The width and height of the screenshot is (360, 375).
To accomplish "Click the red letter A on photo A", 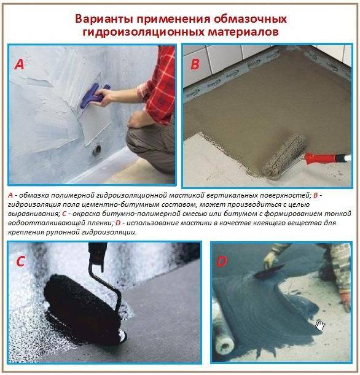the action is [20, 64].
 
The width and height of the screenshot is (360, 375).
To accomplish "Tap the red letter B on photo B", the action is [195, 64].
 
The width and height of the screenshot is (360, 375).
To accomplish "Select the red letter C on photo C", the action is [20, 261].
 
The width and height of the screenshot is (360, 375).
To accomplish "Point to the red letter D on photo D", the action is [222, 261].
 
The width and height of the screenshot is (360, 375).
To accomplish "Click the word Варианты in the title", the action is [104, 19].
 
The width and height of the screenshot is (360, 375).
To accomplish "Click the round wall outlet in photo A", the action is [96, 150].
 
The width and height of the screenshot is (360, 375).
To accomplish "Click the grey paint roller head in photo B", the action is [284, 156].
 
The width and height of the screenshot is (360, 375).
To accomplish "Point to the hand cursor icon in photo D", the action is [320, 325].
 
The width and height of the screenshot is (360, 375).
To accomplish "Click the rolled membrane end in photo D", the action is [224, 345].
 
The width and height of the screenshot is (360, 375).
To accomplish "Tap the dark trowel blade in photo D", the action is [268, 272].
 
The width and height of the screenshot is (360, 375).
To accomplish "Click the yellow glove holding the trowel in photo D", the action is [270, 260].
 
